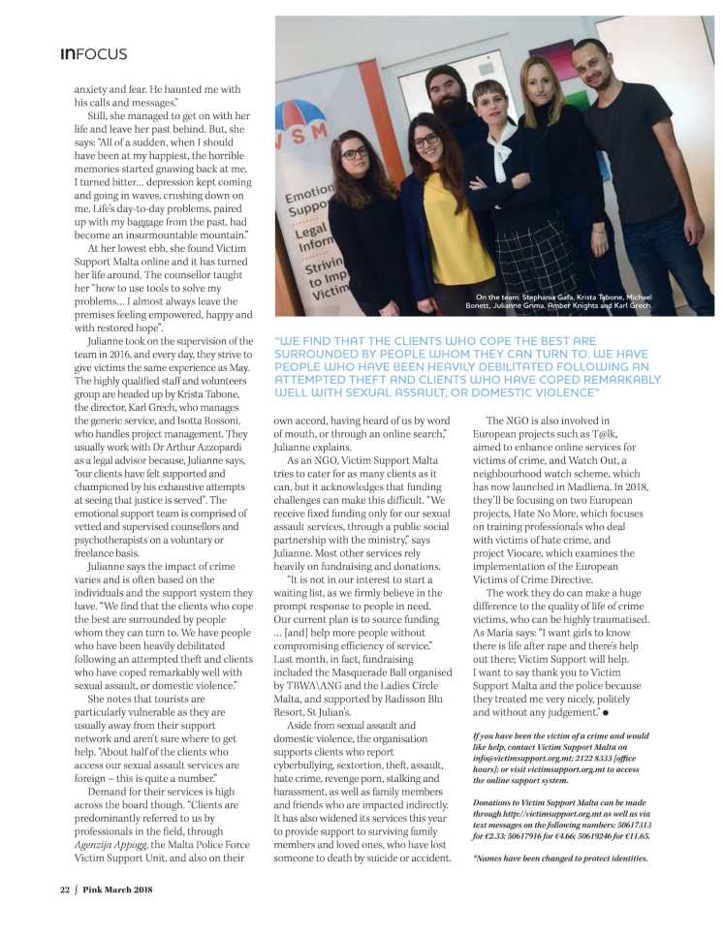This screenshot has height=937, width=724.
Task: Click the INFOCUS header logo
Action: pyautogui.click(x=93, y=54)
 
